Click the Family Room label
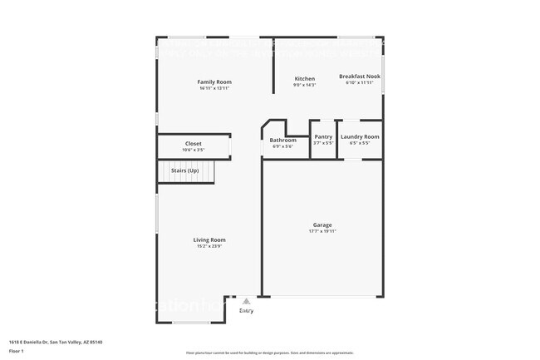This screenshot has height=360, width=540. (214, 81)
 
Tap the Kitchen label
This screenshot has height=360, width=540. (304, 78)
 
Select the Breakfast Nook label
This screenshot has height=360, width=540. (359, 76)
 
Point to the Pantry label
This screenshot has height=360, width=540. (323, 136)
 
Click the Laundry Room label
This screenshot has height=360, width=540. (360, 136)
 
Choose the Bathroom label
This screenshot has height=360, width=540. (282, 140)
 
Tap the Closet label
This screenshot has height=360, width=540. (193, 144)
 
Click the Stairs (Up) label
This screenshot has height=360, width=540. (184, 170)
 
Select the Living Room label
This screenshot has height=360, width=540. (210, 239)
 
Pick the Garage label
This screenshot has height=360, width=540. (322, 225)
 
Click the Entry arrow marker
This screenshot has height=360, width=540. (246, 303)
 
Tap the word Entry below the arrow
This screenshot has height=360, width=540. (247, 311)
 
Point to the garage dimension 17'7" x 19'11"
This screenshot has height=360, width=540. (322, 232)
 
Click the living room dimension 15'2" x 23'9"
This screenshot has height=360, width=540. (210, 246)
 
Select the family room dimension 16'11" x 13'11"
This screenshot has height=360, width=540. (214, 88)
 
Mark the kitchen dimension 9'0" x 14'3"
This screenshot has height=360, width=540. (304, 85)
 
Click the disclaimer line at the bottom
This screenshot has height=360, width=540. (269, 353)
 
